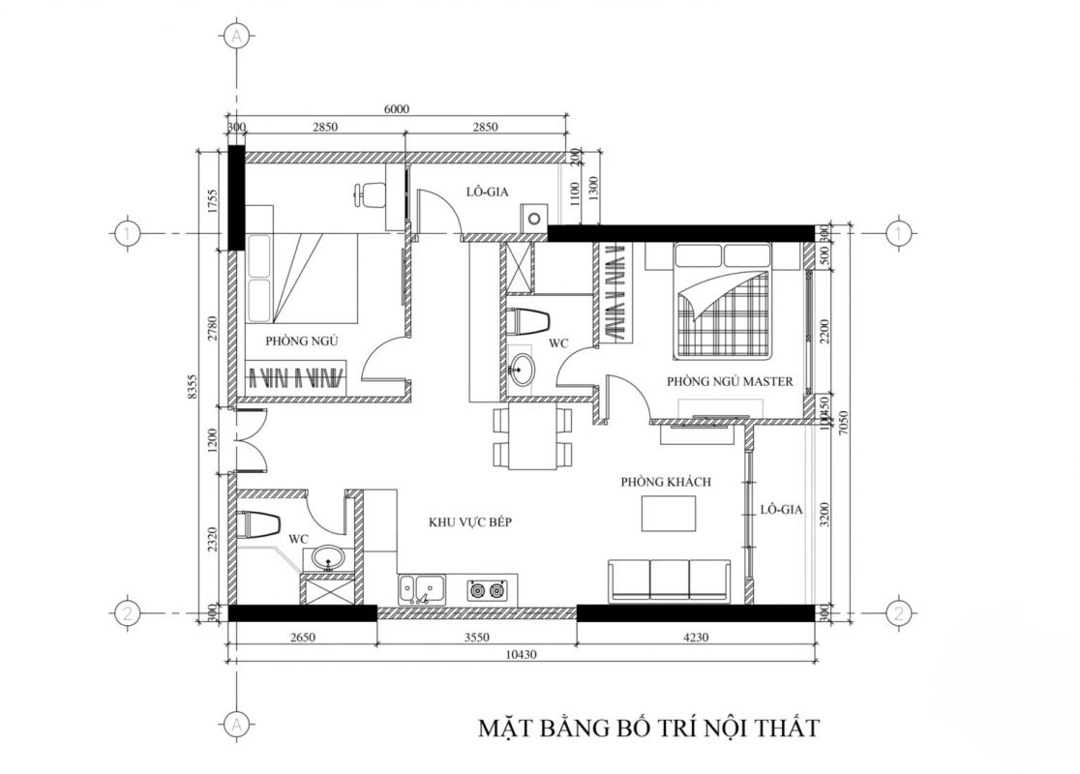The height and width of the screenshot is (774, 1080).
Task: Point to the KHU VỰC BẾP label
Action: click(469, 522)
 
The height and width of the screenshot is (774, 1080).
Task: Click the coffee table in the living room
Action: click(669, 513)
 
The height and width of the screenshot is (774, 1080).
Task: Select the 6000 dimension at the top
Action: click(398, 109)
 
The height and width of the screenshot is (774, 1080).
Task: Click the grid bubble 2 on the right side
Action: click(899, 612)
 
